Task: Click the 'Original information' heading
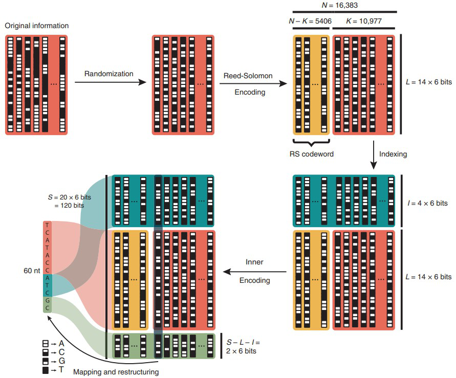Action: tap(37, 26)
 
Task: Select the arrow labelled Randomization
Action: tap(111, 82)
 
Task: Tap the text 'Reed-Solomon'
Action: tap(248, 76)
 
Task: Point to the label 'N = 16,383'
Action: tap(340, 5)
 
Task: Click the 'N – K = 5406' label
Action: tap(310, 21)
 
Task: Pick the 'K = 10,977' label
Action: tap(364, 21)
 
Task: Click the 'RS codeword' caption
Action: tap(312, 154)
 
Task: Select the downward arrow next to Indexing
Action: tap(374, 155)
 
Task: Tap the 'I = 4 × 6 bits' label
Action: tap(427, 203)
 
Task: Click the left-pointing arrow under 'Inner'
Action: tap(255, 272)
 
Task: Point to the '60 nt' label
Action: tap(32, 271)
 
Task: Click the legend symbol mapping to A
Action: tap(46, 344)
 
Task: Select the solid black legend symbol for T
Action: tap(46, 370)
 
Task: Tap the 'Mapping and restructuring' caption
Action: tap(116, 372)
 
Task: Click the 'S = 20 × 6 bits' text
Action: tap(70, 197)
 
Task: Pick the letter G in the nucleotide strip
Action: tap(48, 300)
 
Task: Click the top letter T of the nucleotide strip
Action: tap(48, 225)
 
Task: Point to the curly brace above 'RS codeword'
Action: tap(311, 143)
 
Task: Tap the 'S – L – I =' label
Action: tap(243, 342)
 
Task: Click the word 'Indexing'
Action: tap(393, 154)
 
